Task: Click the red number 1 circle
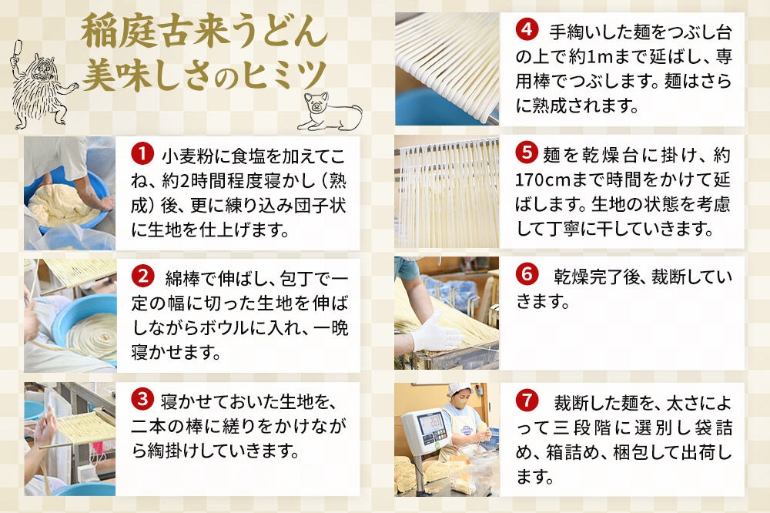(x=142, y=154)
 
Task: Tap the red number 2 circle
(x=142, y=277)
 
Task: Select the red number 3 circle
(x=142, y=399)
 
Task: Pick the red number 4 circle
(x=527, y=29)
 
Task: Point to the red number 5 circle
(x=527, y=153)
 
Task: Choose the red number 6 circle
(x=527, y=273)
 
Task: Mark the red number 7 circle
(x=527, y=401)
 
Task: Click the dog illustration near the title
(x=329, y=112)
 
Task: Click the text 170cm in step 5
(x=542, y=179)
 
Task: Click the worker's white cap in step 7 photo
(x=458, y=389)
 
